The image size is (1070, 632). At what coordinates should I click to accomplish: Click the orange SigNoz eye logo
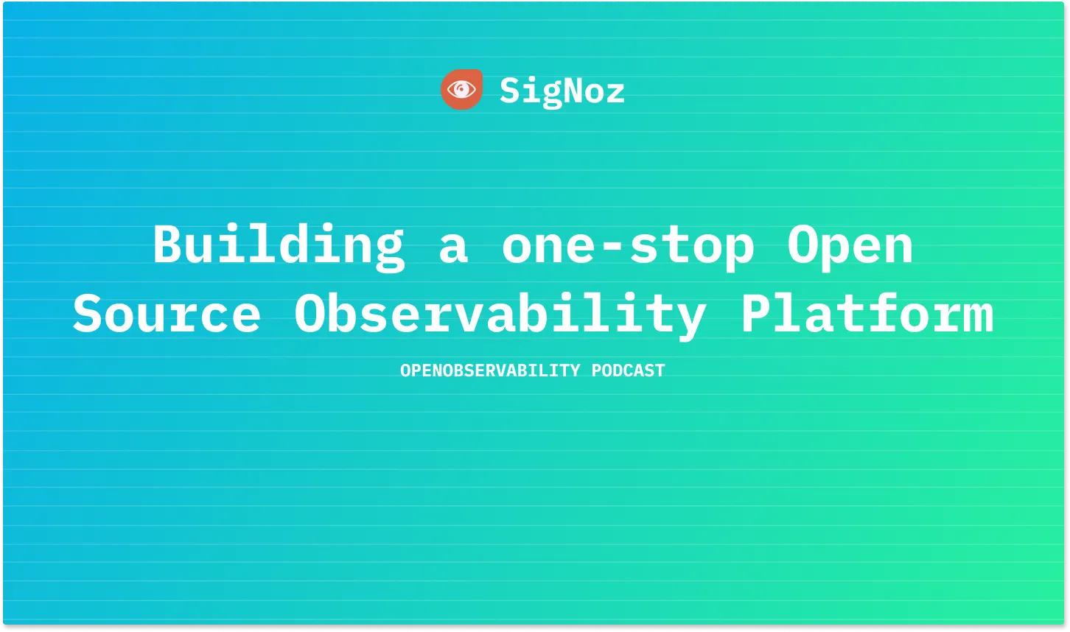461,90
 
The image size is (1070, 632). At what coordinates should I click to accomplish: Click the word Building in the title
279,245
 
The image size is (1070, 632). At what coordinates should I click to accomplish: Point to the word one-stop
628,246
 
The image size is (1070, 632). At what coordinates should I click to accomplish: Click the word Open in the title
850,246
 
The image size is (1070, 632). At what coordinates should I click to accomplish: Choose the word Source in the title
167,314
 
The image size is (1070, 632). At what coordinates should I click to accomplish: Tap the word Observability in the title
500,315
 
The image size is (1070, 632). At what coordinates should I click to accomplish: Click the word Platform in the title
867,314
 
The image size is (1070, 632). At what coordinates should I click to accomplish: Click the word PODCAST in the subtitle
628,371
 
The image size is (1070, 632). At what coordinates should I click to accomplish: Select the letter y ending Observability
689,318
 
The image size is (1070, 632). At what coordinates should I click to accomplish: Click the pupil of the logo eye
461,91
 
